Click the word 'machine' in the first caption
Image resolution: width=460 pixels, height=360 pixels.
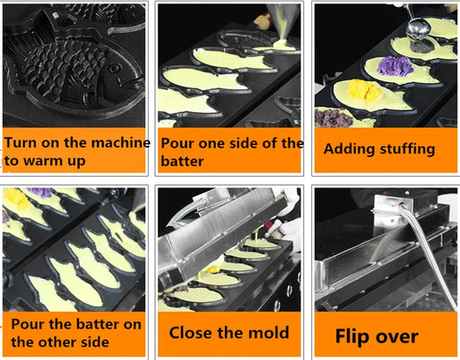point(121,143)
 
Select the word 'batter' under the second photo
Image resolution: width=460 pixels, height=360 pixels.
point(182,161)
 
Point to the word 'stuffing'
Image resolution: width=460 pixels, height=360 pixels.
point(408,149)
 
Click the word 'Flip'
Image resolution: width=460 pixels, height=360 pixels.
point(352,337)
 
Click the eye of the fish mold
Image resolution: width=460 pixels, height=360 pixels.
point(115,69)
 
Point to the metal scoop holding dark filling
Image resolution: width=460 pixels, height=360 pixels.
point(418,28)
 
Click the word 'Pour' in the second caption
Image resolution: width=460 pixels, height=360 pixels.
point(178,143)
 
